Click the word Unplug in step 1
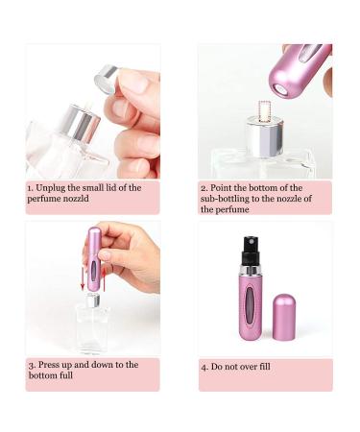51,188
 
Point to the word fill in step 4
264,366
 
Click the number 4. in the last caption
204,367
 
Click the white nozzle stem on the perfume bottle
265,111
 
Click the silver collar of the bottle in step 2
265,136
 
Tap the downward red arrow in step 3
83,277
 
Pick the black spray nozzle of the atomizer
251,252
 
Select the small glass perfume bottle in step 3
92,324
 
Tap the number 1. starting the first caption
30,188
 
